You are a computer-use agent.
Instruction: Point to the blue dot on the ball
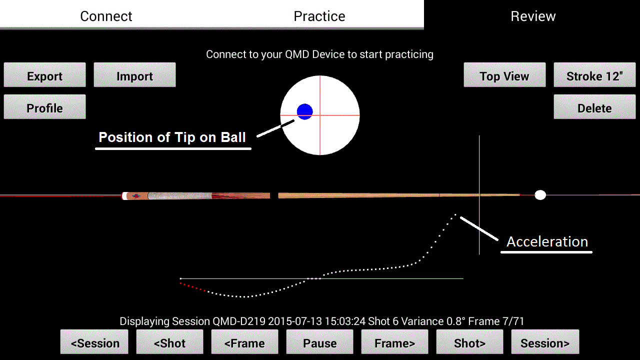tap(305, 111)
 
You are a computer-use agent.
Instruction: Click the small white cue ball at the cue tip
tap(540, 195)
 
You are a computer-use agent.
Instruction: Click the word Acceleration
tap(547, 241)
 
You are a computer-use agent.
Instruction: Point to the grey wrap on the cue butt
tap(179, 195)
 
